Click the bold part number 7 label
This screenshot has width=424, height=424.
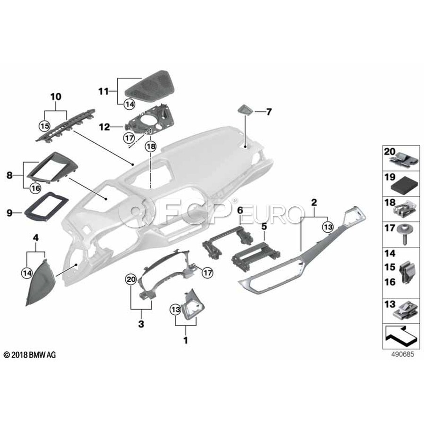(x=269, y=112)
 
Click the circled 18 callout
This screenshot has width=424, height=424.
(x=151, y=147)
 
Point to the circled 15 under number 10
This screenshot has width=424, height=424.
(x=45, y=126)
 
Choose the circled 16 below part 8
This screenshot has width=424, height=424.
(x=35, y=188)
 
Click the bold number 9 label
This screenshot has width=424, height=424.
(x=10, y=213)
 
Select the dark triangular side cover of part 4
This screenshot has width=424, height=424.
(x=41, y=282)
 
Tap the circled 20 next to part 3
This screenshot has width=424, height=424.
(x=131, y=279)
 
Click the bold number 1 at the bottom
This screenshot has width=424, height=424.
(x=186, y=340)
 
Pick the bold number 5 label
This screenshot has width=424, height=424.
(x=264, y=227)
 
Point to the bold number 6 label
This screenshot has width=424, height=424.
(x=240, y=210)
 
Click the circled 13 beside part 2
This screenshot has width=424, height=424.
(x=328, y=227)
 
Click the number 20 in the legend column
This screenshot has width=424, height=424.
(x=390, y=152)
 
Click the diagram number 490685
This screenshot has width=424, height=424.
(x=403, y=354)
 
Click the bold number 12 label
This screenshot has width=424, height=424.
(x=105, y=127)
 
